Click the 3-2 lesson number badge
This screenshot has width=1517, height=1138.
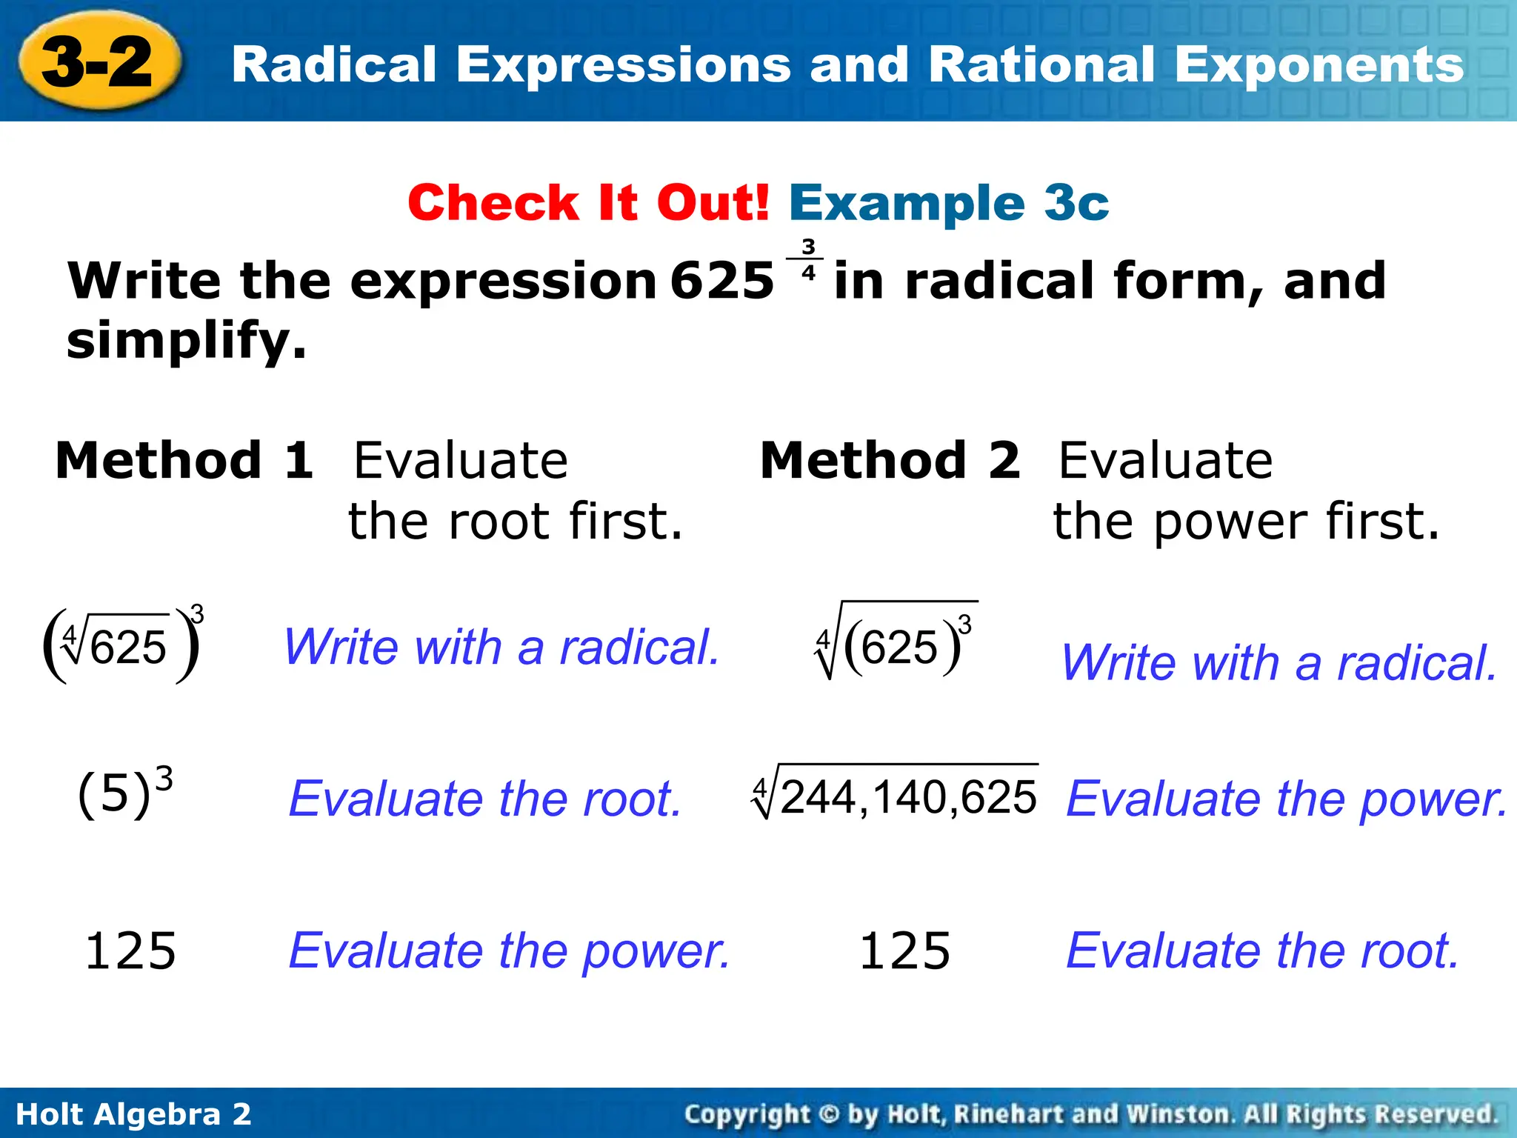click(x=97, y=63)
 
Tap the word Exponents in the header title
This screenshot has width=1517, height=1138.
click(x=1318, y=65)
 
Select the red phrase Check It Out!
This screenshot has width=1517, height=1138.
click(x=589, y=202)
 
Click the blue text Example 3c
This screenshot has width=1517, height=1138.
click(x=949, y=202)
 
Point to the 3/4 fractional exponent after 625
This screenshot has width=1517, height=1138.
click(x=808, y=259)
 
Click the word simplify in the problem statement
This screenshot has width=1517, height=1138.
click(x=185, y=341)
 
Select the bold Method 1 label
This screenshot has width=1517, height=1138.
click(x=184, y=460)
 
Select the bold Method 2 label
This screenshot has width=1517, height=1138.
click(x=890, y=460)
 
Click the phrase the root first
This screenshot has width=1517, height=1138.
click(x=515, y=521)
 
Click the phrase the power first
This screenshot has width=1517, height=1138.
click(x=1247, y=521)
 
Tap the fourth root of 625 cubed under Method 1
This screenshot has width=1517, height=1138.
click(x=123, y=645)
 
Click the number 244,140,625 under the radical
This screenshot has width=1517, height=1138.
click(x=907, y=797)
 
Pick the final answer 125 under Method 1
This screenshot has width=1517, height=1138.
click(x=130, y=951)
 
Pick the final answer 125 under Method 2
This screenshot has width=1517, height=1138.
click(x=904, y=951)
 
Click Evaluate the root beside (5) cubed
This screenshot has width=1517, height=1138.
click(x=484, y=799)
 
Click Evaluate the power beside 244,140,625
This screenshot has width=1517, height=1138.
click(x=1287, y=799)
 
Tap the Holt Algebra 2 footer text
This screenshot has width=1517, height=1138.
click(x=133, y=1114)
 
